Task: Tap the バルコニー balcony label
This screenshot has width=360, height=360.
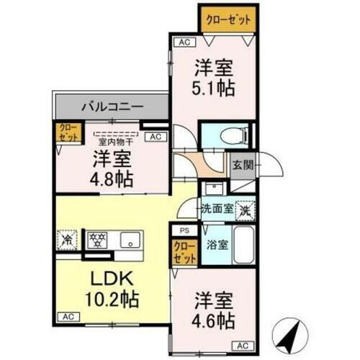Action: (111, 106)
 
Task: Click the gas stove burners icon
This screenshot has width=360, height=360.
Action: (97, 238)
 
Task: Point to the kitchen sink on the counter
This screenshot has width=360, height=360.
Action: (129, 239)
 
